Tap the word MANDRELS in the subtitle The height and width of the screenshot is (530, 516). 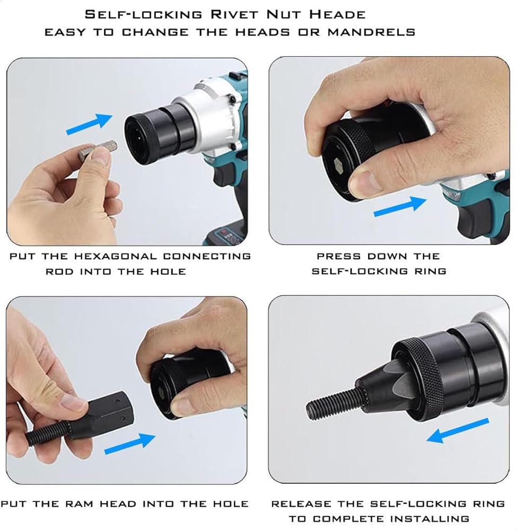click(371, 32)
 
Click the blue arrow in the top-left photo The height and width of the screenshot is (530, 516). click(89, 123)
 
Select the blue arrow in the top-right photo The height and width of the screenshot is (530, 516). click(400, 206)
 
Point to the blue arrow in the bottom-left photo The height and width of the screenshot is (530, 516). click(130, 444)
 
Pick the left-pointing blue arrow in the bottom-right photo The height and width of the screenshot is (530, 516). click(458, 430)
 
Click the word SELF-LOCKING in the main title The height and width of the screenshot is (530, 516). click(143, 14)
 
